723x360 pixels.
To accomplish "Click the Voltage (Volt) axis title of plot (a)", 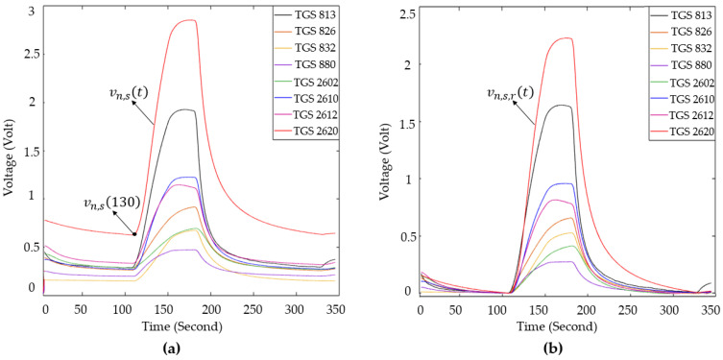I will [10, 155].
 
